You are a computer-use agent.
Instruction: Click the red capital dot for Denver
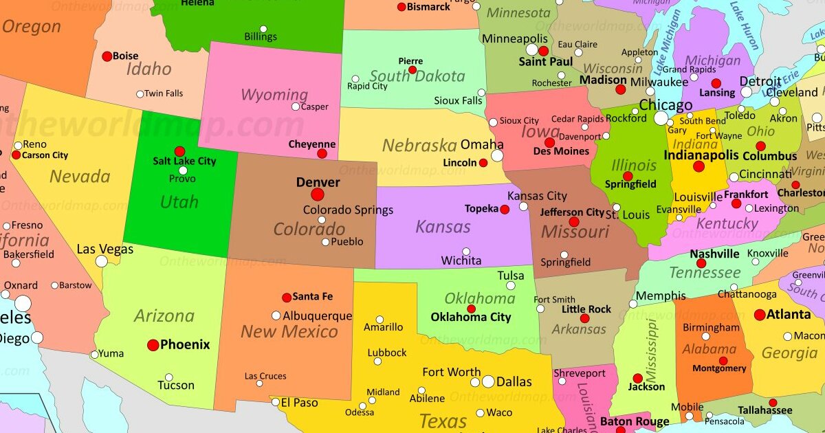[x=318, y=195]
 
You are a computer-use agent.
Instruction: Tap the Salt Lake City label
[x=184, y=161]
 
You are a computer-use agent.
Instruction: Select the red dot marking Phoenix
[x=153, y=345]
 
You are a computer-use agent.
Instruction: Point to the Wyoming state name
[x=274, y=95]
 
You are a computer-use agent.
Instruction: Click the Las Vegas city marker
[x=102, y=261]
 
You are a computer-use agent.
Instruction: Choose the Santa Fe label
[x=312, y=296]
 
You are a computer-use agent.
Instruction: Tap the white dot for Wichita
[x=466, y=252]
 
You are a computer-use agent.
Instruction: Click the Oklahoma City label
[x=470, y=317]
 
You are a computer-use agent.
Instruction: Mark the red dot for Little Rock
[x=584, y=318]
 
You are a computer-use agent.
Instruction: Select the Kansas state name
[x=443, y=226]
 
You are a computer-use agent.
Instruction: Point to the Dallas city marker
[x=488, y=381]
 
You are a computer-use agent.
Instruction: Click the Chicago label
[x=665, y=105]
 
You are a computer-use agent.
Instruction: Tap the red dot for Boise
[x=107, y=56]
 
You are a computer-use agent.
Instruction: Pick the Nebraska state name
[x=419, y=145]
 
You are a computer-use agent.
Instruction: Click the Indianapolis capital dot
[x=698, y=166]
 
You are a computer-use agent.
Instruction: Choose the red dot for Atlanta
[x=759, y=315]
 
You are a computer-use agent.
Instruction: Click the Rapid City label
[x=367, y=87]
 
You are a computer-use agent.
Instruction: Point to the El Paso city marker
[x=276, y=401]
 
